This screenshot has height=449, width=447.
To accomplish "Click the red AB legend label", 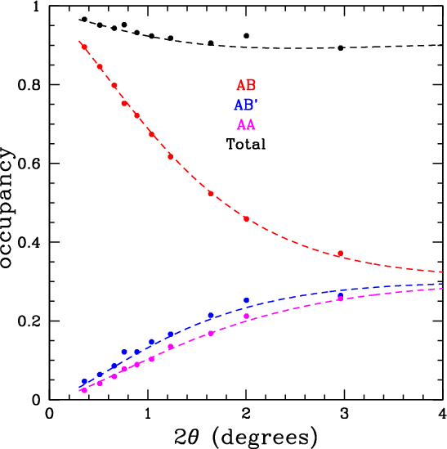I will click(246, 85).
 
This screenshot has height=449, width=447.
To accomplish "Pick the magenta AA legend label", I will click(246, 124).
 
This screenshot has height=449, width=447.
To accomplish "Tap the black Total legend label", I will click(246, 144).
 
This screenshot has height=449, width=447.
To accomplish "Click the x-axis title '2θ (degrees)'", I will click(246, 438).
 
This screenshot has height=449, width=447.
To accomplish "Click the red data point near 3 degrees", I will click(341, 254).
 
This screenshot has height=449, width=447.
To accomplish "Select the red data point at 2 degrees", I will click(246, 218).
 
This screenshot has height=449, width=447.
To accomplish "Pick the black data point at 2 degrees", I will click(246, 36).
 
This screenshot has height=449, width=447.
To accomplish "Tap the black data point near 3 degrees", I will click(341, 47).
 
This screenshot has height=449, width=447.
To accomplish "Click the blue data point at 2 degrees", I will click(246, 301).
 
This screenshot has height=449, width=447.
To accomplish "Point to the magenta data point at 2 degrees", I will click(246, 316).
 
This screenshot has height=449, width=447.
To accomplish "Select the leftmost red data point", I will click(84, 47).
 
